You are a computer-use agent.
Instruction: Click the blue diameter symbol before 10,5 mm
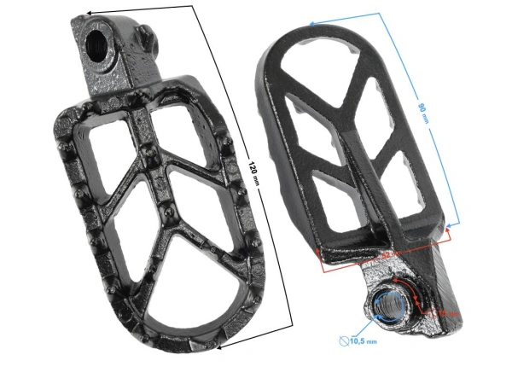point(344,340)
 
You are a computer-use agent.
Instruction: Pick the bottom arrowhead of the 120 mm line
point(219,347)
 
